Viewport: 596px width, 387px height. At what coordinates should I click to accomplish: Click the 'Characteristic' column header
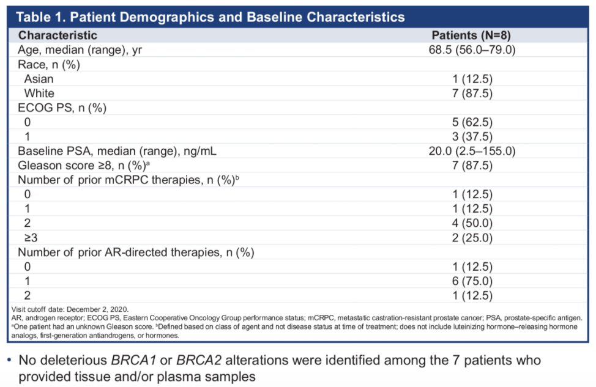pyautogui.click(x=58, y=35)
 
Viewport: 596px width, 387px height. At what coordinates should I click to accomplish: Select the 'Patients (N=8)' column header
pyautogui.click(x=471, y=35)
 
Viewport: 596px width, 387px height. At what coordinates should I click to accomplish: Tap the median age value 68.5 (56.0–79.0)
pyautogui.click(x=472, y=50)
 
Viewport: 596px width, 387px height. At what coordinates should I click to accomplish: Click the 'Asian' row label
pyautogui.click(x=39, y=79)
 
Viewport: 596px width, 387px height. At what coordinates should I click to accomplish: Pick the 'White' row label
pyautogui.click(x=39, y=94)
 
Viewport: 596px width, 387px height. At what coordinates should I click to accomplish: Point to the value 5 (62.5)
pyautogui.click(x=472, y=122)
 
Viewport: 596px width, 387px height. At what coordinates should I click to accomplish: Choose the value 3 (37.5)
pyautogui.click(x=472, y=137)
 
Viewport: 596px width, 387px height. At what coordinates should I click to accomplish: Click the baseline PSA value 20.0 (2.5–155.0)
pyautogui.click(x=472, y=151)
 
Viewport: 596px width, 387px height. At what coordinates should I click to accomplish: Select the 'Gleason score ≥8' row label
pyautogui.click(x=84, y=166)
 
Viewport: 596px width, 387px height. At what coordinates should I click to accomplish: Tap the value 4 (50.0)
pyautogui.click(x=472, y=223)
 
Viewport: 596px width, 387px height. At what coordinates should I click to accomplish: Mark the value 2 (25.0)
pyautogui.click(x=472, y=238)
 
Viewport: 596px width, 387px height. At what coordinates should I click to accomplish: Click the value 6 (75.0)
pyautogui.click(x=472, y=281)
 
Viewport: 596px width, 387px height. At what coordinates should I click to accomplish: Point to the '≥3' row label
pyautogui.click(x=31, y=238)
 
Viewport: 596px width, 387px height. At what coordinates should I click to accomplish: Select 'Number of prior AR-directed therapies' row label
pyautogui.click(x=136, y=252)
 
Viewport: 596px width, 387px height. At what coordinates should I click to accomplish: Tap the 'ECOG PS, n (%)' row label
pyautogui.click(x=62, y=108)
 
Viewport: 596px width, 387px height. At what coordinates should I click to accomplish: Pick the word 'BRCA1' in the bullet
pyautogui.click(x=133, y=360)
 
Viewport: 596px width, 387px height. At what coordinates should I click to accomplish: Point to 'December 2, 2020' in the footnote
pyautogui.click(x=97, y=309)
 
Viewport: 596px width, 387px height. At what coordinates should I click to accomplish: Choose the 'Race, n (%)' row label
pyautogui.click(x=49, y=65)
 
